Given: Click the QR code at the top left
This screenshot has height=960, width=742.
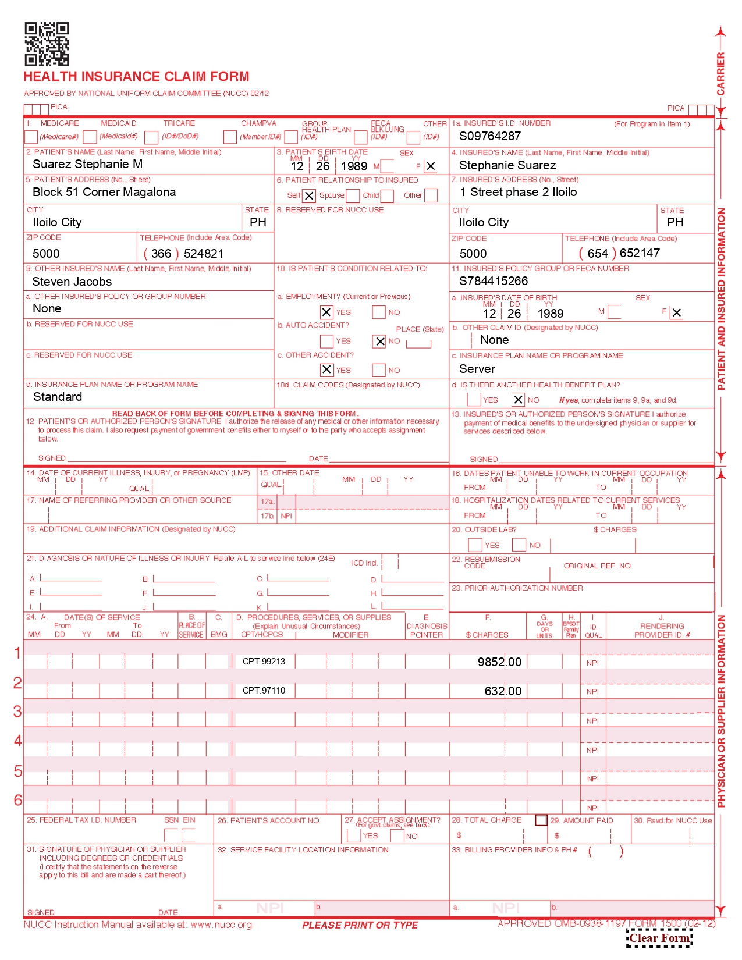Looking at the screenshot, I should click(x=47, y=44).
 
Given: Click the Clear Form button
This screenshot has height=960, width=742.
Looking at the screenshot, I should click(x=659, y=938).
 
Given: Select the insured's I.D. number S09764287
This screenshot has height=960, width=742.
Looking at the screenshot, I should click(x=490, y=136).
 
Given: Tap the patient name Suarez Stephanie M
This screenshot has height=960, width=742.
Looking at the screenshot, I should click(x=87, y=164).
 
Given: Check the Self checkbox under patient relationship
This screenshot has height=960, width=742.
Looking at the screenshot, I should click(x=309, y=196).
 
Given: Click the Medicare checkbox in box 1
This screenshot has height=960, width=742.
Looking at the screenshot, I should click(x=31, y=137).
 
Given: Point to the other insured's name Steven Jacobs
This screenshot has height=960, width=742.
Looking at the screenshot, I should click(x=72, y=282).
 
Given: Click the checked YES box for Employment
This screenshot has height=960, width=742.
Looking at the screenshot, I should click(x=326, y=312).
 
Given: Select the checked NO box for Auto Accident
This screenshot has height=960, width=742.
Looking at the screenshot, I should click(x=379, y=342).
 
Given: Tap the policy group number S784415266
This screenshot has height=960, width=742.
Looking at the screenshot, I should click(x=494, y=281).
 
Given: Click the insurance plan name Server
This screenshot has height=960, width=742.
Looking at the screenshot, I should click(x=477, y=369).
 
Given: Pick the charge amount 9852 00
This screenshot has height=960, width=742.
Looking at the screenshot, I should click(x=499, y=662).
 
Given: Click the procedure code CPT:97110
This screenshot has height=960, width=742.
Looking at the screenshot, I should click(x=264, y=691).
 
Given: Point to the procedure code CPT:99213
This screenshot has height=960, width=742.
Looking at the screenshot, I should click(x=264, y=662).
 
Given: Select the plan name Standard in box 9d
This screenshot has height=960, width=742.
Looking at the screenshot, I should click(x=58, y=397).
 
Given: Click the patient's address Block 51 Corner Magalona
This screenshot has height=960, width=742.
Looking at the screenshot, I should click(x=104, y=192).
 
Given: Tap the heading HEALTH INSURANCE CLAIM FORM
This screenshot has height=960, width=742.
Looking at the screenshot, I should click(x=136, y=77).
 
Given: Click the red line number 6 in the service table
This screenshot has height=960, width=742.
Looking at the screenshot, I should click(x=18, y=800).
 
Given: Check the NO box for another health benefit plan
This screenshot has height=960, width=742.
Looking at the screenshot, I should click(x=518, y=400).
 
